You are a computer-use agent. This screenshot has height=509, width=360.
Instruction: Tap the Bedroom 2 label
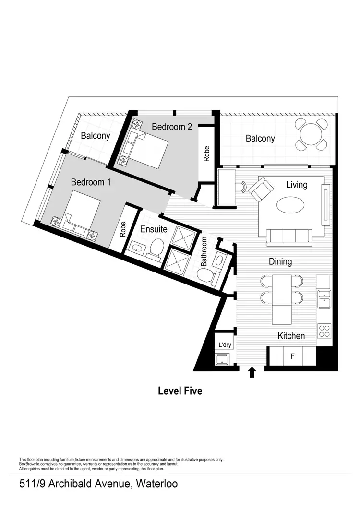pyautogui.click(x=172, y=127)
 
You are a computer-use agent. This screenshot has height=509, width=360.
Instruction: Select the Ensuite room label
pyautogui.click(x=154, y=229)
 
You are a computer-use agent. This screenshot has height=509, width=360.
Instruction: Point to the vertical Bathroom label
pyautogui.click(x=204, y=252)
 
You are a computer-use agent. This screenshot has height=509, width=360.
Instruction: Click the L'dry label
pyautogui.click(x=225, y=345)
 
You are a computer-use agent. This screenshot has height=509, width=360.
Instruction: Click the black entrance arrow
pyautogui.click(x=251, y=372)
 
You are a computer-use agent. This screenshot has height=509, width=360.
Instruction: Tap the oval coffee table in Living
pyautogui.click(x=290, y=205)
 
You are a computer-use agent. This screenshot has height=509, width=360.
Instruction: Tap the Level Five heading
pyautogui.click(x=180, y=391)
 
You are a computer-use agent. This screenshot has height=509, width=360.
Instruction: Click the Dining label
pyautogui.click(x=280, y=261)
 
